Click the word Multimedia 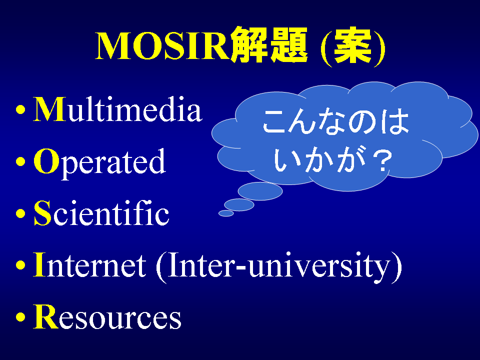point(118,109)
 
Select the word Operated point(99,161)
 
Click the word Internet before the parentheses point(89,265)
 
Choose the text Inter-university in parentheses point(279,267)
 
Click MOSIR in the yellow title point(162,46)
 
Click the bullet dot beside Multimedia point(20,109)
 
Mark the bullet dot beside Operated point(20,161)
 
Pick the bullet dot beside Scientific point(20,213)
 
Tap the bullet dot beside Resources point(20,317)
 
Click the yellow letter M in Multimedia point(49,109)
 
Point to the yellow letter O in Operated point(46,161)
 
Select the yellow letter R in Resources point(46,317)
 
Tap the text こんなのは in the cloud point(336,121)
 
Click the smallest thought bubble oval point(226,213)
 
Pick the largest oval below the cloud point(260,191)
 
